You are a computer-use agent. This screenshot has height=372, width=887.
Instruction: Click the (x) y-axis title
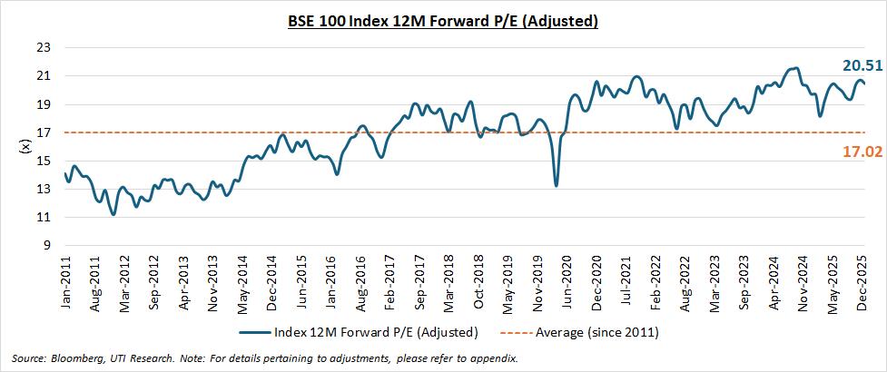click(x=25, y=146)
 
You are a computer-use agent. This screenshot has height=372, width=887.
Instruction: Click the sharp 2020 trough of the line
click(x=556, y=185)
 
